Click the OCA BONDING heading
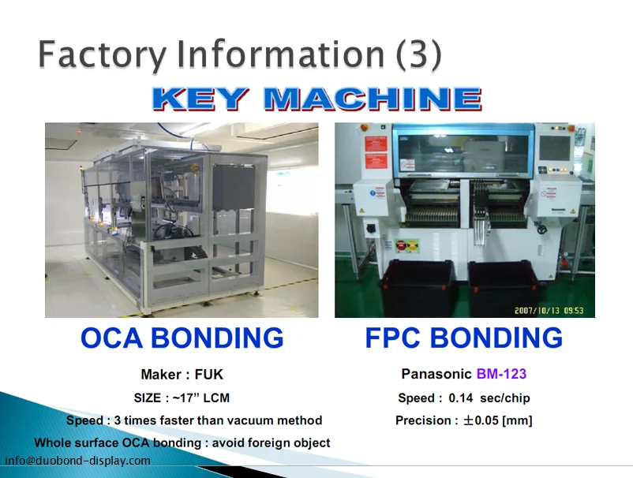tap(182, 338)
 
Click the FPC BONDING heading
tap(463, 338)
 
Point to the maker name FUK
tap(208, 375)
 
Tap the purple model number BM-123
tap(501, 374)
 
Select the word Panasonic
tap(436, 374)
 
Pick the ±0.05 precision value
tap(481, 420)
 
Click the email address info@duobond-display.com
tap(78, 461)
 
